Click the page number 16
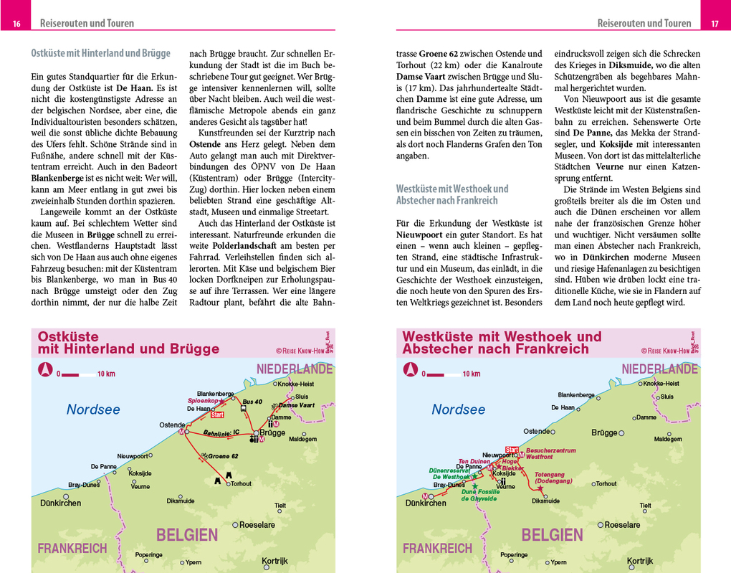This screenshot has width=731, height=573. tap(16, 24)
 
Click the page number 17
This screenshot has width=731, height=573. tap(714, 24)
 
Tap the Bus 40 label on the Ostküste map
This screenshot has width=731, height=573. tap(253, 401)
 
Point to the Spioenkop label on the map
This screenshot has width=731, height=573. tap(202, 400)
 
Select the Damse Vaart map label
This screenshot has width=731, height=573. tap(297, 405)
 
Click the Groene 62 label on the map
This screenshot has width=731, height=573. tap(223, 456)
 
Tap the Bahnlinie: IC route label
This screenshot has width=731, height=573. tap(221, 432)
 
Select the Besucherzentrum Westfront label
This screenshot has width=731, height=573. tap(550, 453)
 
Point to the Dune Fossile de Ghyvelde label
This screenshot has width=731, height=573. tap(480, 495)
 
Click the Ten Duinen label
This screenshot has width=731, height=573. tap(473, 461)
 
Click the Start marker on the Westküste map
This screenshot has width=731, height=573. tap(512, 449)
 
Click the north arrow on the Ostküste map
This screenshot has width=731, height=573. tap(44, 369)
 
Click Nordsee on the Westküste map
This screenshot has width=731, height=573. tap(458, 409)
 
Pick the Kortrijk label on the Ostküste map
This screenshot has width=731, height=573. tap(274, 561)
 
